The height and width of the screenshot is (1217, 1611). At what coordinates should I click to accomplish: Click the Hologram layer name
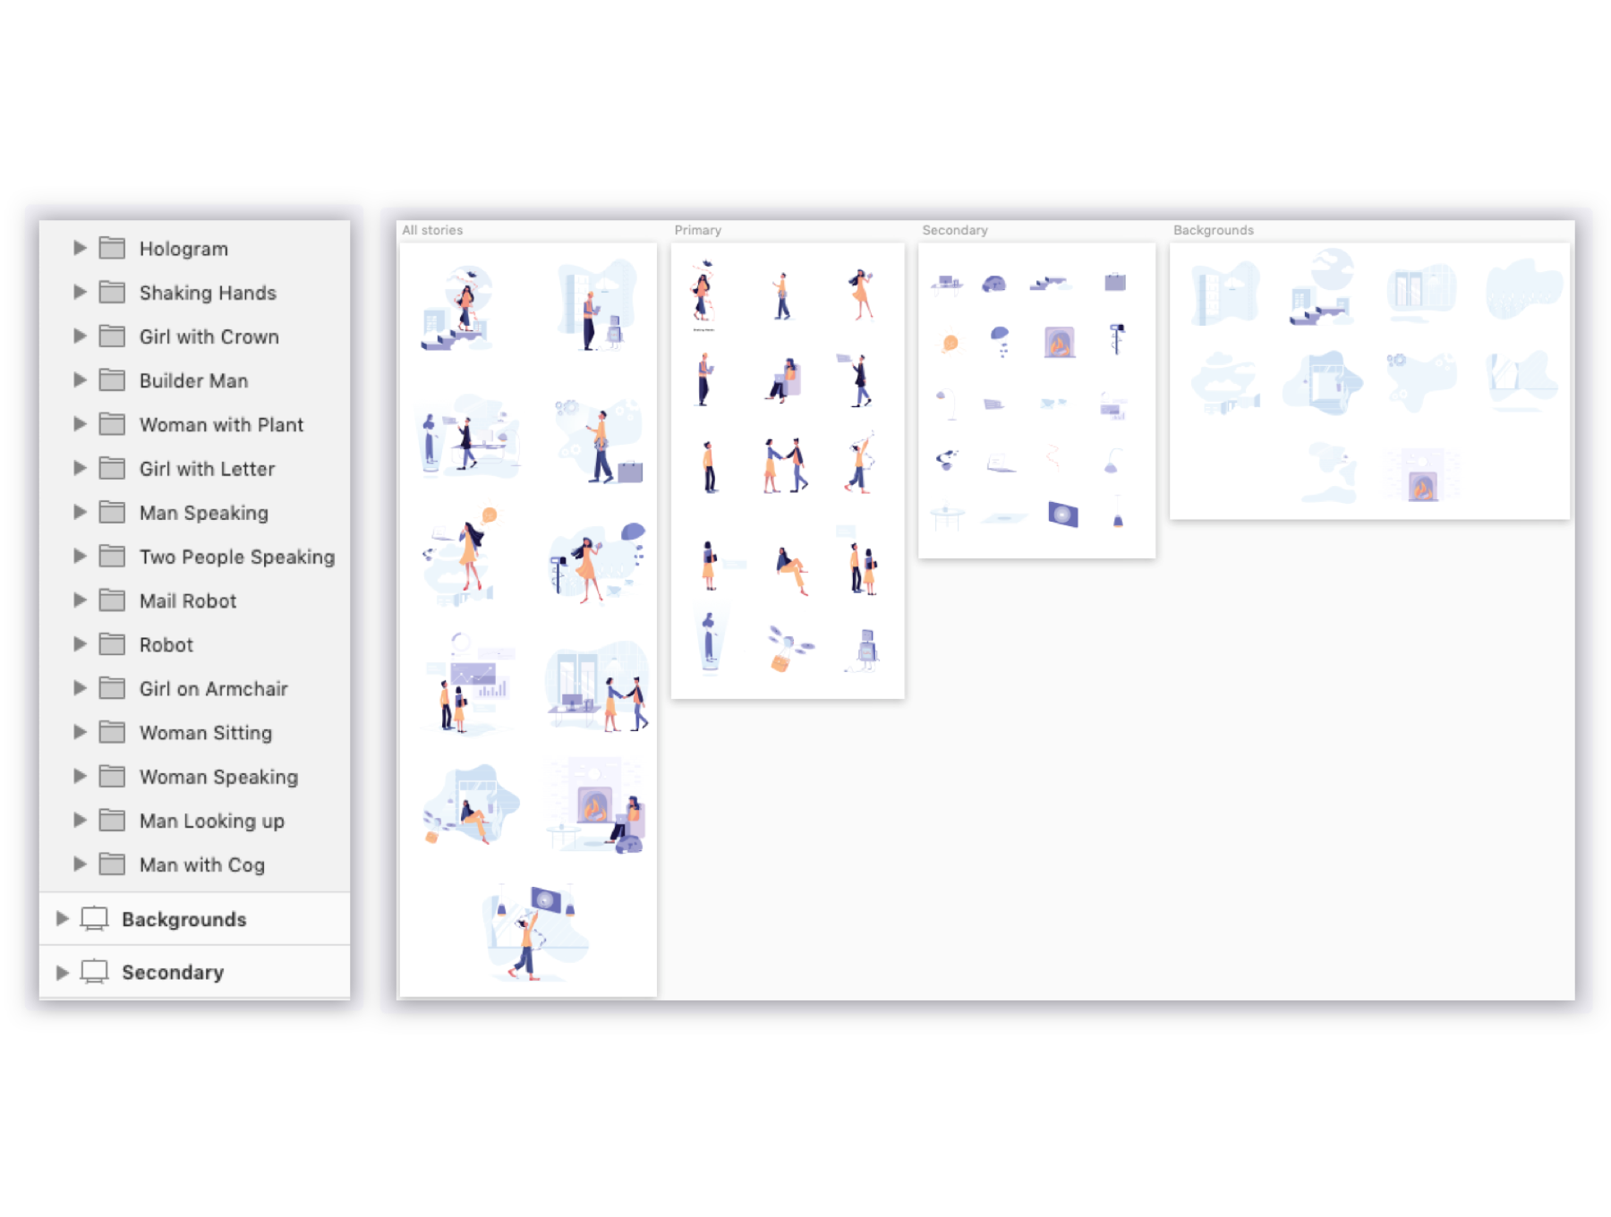coord(183,249)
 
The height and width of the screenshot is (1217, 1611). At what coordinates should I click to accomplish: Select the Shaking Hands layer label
coord(208,293)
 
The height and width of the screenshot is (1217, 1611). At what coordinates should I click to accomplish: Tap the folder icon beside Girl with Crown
coord(112,336)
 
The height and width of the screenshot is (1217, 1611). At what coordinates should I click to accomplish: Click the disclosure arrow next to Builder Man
coord(80,379)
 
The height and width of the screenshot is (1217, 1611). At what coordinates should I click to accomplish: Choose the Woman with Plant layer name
coord(221,424)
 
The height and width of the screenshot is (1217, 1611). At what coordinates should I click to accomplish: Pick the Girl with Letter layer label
coord(207,468)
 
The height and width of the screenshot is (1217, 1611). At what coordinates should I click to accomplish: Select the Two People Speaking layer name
coord(237,557)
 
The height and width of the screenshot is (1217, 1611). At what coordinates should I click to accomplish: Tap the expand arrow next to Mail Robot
coord(80,600)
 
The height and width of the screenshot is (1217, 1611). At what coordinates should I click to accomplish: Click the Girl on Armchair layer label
coord(214,688)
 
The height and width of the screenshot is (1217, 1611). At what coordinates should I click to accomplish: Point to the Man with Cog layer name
coord(202,864)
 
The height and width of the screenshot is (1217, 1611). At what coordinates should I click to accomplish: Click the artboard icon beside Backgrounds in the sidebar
coord(94,918)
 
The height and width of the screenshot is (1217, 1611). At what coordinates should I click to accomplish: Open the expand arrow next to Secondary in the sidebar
coord(62,972)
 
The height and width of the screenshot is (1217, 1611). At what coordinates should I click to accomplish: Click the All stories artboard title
coord(432,230)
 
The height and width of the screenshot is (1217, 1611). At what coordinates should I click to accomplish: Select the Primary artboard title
coord(698,230)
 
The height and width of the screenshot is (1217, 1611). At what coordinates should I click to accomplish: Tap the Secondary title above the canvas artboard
coord(955,230)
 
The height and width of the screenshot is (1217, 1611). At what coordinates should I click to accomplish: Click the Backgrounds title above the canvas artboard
coord(1214,230)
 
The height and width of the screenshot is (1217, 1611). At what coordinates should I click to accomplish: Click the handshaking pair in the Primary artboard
coord(786,465)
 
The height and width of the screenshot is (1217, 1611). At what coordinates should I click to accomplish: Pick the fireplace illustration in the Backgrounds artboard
coord(1422,476)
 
